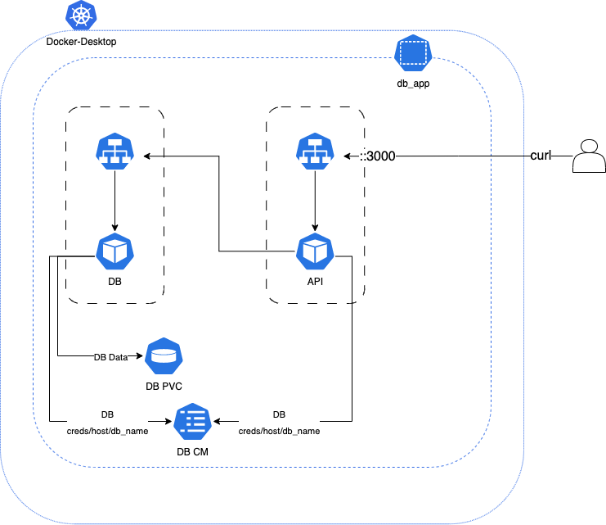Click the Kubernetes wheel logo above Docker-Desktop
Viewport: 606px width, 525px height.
(80, 15)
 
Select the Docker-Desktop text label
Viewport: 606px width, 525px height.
(81, 41)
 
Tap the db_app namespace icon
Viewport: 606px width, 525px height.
(412, 53)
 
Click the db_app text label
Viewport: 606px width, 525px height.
(412, 83)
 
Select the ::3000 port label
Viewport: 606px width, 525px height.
(378, 156)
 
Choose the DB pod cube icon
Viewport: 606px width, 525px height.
(114, 251)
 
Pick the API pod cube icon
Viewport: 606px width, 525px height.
(315, 251)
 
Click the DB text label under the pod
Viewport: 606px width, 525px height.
(115, 282)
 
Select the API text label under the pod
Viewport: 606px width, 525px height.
(315, 282)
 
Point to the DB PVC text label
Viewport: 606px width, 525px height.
(164, 387)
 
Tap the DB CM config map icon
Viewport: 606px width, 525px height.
(193, 422)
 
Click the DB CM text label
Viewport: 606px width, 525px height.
(193, 452)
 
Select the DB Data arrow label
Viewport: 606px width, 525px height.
(111, 357)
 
